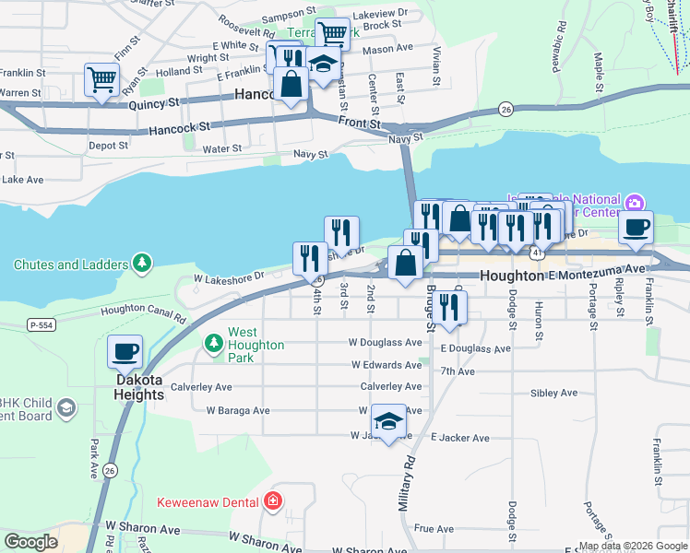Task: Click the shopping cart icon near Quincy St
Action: (101, 78)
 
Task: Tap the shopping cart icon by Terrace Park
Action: (332, 34)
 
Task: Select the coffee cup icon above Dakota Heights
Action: (125, 351)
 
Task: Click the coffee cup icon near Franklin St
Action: (635, 227)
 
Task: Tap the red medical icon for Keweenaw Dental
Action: (273, 501)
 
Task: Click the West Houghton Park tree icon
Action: (214, 343)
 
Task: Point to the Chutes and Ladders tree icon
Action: (141, 265)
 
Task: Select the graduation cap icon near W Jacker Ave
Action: (389, 421)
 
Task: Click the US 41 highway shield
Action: (536, 251)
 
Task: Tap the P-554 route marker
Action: (41, 324)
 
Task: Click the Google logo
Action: (31, 542)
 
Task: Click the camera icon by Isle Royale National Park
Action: (633, 203)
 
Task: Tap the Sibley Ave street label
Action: (553, 393)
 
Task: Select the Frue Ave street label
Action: (434, 529)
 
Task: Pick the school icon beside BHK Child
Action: (65, 407)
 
